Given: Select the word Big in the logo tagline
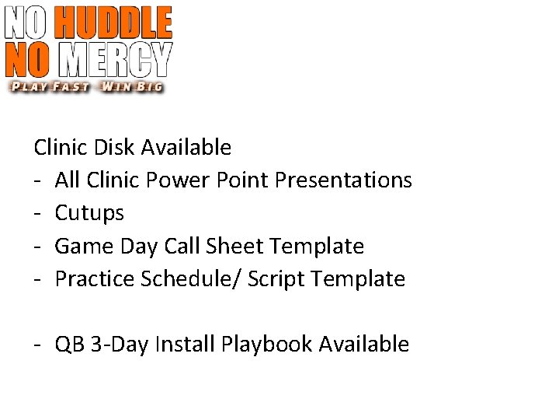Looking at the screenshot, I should (148, 86).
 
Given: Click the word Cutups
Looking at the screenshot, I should (89, 213).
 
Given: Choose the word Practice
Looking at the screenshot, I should (95, 279).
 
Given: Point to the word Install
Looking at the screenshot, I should (186, 345).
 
